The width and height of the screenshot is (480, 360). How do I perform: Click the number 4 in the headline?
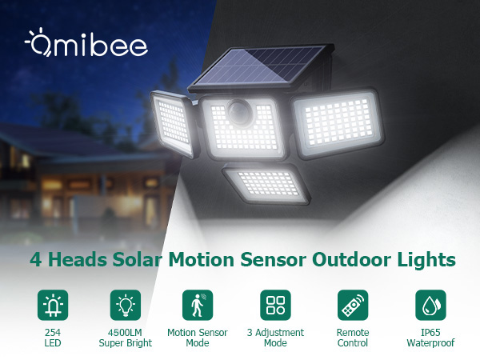pos(34,260)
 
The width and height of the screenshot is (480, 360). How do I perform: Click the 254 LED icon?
pos(53,305)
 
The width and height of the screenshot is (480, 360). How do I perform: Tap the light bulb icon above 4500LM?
pos(125,305)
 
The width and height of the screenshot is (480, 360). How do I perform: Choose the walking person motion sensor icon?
pos(198,305)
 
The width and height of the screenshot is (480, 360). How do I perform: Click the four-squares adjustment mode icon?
pos(274,305)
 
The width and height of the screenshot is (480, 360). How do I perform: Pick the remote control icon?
pos(352,305)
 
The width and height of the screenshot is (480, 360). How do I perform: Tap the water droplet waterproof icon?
pos(430,305)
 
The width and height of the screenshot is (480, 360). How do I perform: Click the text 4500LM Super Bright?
pos(125,338)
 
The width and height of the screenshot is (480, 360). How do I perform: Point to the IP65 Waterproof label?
pos(430,338)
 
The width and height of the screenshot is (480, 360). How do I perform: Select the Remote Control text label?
pos(352,338)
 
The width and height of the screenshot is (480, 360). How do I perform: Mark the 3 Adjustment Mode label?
pos(274,338)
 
